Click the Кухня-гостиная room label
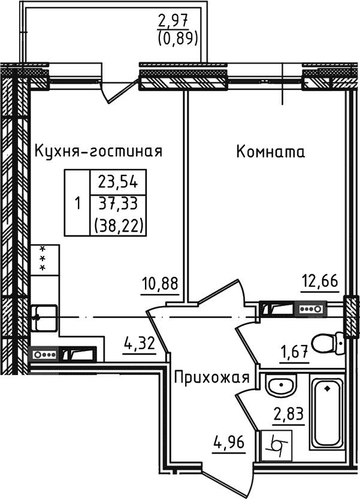coord(98,151)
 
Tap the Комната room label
coord(271,152)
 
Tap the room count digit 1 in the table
coord(77,204)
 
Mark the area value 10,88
coord(159,283)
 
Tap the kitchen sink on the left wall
coord(44,316)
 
